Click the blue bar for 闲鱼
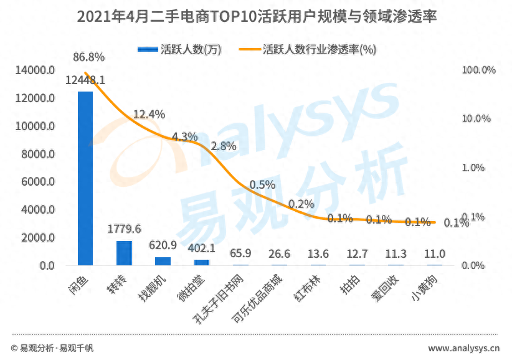point(85,179)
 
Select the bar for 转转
point(124,253)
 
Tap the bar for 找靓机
point(163,261)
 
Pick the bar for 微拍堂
point(201,262)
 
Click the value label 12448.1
point(85,80)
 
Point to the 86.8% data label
point(88,57)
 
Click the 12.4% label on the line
point(149,114)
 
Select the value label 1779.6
point(124,229)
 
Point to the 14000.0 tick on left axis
point(34,70)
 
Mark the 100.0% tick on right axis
point(478,70)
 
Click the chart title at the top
point(256,17)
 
